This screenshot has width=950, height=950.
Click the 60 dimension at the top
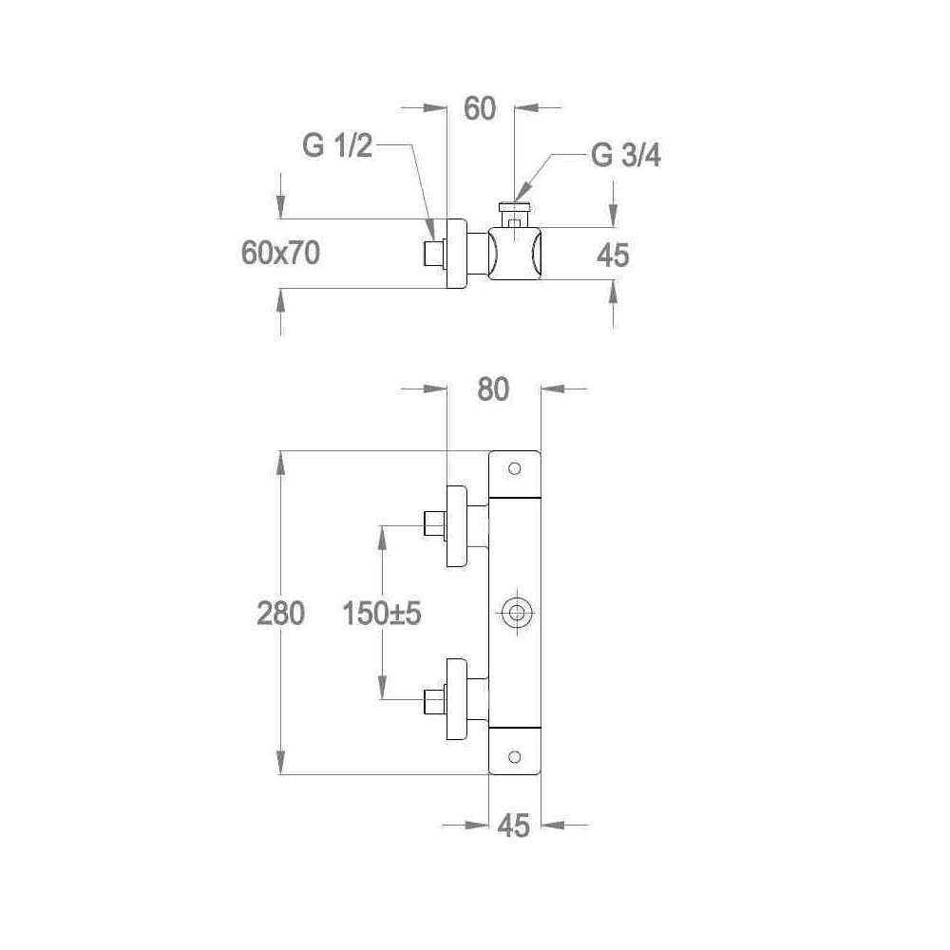tap(480, 109)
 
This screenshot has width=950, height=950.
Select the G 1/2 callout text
tap(337, 146)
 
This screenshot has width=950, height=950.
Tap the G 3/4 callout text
tap(626, 156)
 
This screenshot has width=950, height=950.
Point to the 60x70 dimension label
tap(280, 253)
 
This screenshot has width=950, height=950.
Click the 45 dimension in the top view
tap(613, 256)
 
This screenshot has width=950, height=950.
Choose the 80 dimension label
tap(493, 389)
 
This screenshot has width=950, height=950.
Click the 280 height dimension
tap(280, 613)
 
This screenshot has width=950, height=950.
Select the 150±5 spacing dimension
tap(382, 613)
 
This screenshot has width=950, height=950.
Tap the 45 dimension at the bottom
tap(514, 826)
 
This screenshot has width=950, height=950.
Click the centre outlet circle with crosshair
tap(516, 613)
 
